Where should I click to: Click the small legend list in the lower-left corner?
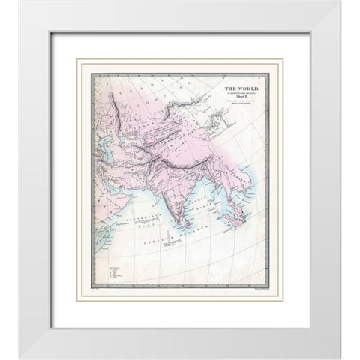(x=113, y=270)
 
